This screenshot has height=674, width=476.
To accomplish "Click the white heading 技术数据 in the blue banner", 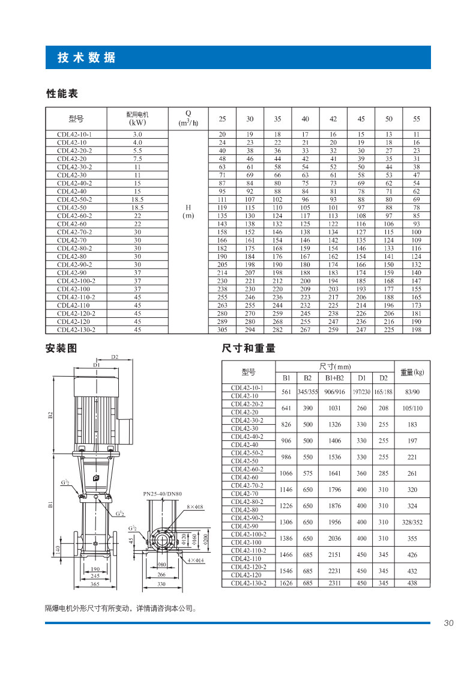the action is tap(86, 58).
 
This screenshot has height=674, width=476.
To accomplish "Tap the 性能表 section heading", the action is tap(62, 94).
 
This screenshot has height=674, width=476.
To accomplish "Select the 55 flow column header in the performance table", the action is tap(417, 118).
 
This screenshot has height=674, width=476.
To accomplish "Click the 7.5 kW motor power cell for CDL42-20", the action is tap(137, 159).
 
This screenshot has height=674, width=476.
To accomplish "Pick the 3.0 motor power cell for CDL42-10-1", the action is tap(137, 134).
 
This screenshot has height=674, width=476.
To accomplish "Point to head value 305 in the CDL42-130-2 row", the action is tap(222, 329).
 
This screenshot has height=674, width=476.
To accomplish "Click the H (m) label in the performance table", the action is tap(188, 211).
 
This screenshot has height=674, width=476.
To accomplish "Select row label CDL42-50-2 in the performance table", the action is tap(74, 199).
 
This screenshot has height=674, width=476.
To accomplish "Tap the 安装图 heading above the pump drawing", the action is tap(61, 348).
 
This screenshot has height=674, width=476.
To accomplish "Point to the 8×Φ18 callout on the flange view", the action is tap(196, 507).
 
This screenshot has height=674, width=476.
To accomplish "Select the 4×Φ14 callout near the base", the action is tap(195, 560).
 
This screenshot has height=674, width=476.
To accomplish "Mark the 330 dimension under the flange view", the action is tap(161, 583).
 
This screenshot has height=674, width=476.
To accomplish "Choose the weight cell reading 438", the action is tap(412, 583).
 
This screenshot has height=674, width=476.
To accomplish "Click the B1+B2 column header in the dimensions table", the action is tap(334, 378).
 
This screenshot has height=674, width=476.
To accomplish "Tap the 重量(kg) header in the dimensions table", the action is tap(412, 372).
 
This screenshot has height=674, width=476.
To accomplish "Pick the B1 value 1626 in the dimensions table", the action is tap(286, 583).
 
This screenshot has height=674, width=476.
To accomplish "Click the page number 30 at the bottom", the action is tap(448, 623).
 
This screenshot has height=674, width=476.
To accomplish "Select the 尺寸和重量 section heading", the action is tap(249, 348).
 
